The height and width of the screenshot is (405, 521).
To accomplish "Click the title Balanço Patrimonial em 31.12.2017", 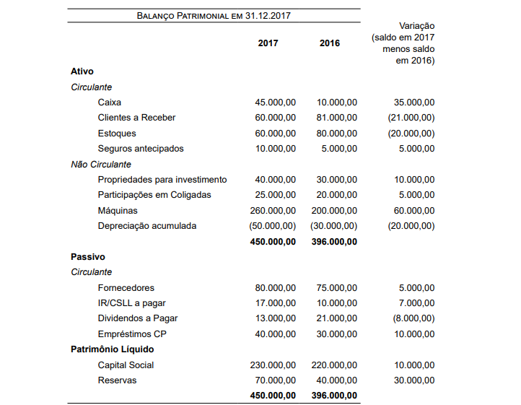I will tap(214, 16).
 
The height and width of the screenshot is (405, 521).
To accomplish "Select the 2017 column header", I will tap(268, 43).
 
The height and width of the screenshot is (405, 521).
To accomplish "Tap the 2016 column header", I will tap(330, 43).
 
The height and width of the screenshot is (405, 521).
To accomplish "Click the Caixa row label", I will tap(110, 103).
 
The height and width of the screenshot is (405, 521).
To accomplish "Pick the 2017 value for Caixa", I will tap(275, 103).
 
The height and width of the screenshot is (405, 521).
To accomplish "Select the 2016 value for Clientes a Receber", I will tap(336, 118).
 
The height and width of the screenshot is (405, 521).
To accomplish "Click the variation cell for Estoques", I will tap(411, 134).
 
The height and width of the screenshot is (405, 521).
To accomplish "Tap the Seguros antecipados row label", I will tap(141, 149).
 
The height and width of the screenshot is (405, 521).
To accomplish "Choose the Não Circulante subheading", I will tap(100, 165).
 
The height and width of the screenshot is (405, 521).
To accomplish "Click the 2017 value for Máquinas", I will tap(273, 211).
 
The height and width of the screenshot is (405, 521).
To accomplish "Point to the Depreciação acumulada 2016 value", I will tap(334, 226).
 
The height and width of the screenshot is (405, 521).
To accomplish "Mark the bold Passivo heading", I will tap(88, 256).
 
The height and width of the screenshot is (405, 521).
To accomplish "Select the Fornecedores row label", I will tap(126, 288).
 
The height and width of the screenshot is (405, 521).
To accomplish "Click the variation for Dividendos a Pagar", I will tap(413, 318).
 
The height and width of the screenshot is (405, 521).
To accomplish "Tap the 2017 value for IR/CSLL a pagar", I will tap(275, 303).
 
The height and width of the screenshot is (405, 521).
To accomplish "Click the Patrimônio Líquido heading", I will tap(112, 349).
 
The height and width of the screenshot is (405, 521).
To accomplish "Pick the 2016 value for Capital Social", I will tap(334, 365).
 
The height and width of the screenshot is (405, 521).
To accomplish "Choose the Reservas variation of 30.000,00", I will tap(414, 380).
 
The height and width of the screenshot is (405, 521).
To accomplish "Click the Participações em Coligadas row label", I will tap(154, 195).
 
